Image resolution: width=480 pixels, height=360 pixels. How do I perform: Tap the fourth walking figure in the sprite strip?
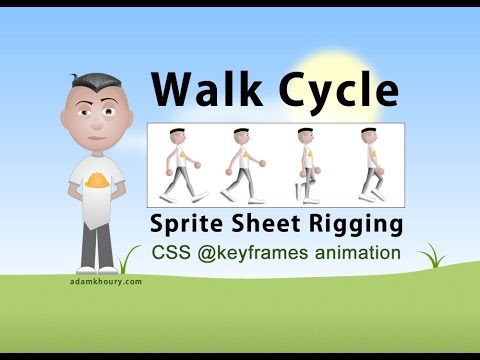click(x=373, y=166)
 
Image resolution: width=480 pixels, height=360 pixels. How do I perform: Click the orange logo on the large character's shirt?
click(x=98, y=182)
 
